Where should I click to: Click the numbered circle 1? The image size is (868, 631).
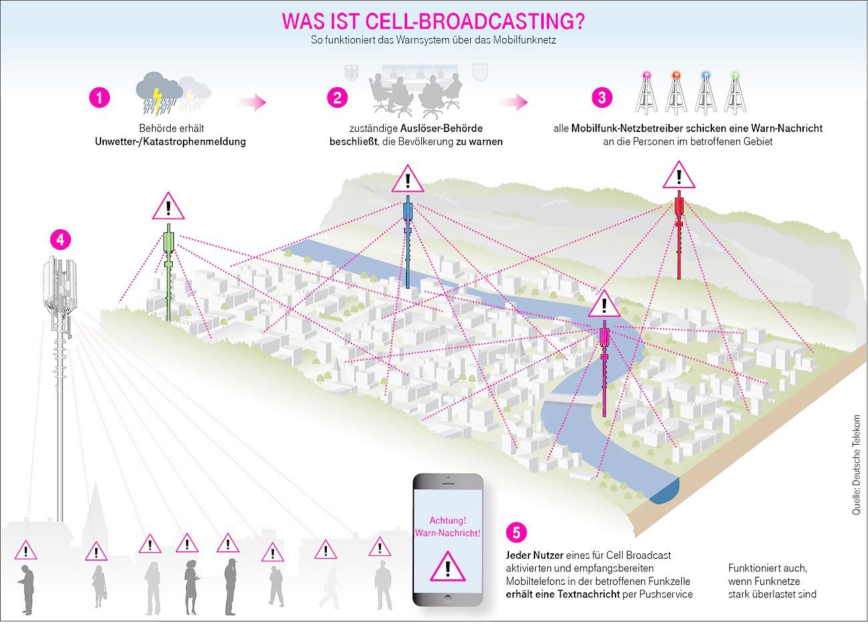pyautogui.click(x=99, y=97)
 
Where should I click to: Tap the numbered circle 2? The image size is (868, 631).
pyautogui.click(x=338, y=97)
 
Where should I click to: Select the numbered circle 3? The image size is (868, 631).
pyautogui.click(x=602, y=97)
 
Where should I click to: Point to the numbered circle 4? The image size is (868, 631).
pyautogui.click(x=60, y=240)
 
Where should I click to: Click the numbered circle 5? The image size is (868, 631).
pyautogui.click(x=516, y=533)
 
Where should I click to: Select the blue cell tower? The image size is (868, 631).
pyautogui.click(x=407, y=241)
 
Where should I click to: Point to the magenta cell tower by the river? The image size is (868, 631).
pyautogui.click(x=605, y=365)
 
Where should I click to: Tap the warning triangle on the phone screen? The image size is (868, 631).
pyautogui.click(x=447, y=566)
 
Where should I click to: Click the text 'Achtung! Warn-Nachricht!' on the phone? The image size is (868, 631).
pyautogui.click(x=447, y=526)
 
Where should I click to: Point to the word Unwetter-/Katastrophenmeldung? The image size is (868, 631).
pyautogui.click(x=171, y=141)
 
